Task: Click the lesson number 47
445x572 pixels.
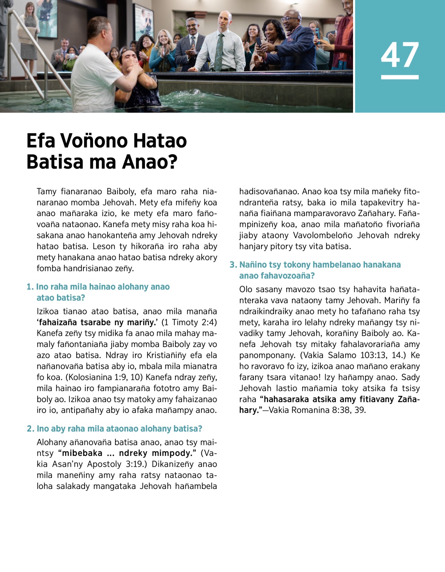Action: (399, 55)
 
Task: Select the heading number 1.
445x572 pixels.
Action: (29, 287)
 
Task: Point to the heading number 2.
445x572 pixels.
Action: (30, 429)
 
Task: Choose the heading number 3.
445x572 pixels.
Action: (233, 265)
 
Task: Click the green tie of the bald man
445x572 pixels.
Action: (220, 52)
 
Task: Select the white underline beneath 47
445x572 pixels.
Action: (399, 77)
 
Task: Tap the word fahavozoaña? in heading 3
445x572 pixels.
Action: (277, 276)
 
